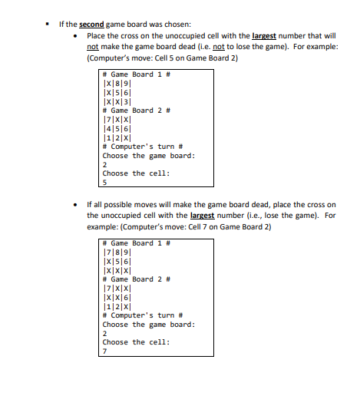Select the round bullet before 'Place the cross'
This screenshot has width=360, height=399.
(x=75, y=35)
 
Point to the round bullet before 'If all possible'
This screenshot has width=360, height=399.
(x=75, y=205)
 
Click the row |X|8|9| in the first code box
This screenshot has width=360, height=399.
(x=117, y=83)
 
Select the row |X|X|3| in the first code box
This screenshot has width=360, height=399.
(x=117, y=100)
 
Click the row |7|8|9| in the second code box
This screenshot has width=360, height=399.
(x=117, y=252)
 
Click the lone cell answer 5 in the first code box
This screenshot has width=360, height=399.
(x=105, y=182)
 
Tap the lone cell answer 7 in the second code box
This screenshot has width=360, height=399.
(x=105, y=351)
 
